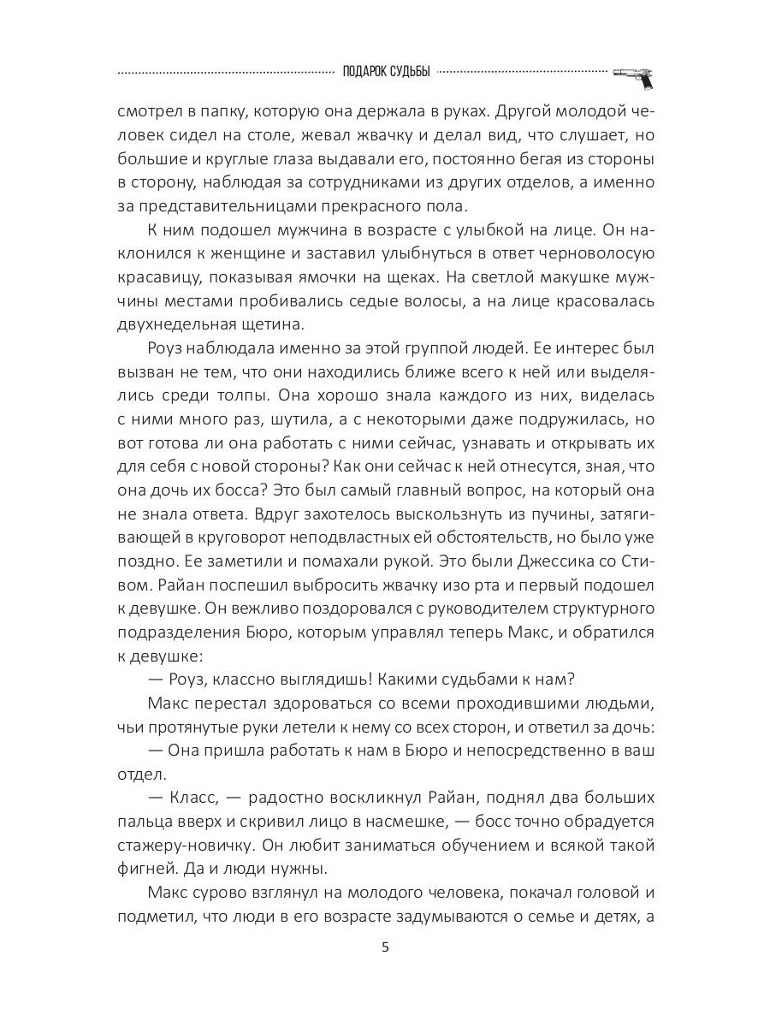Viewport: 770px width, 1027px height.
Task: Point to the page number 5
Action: click(385, 947)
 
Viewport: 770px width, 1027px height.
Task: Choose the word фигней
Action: click(142, 869)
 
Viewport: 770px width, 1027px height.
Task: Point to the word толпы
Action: click(266, 395)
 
